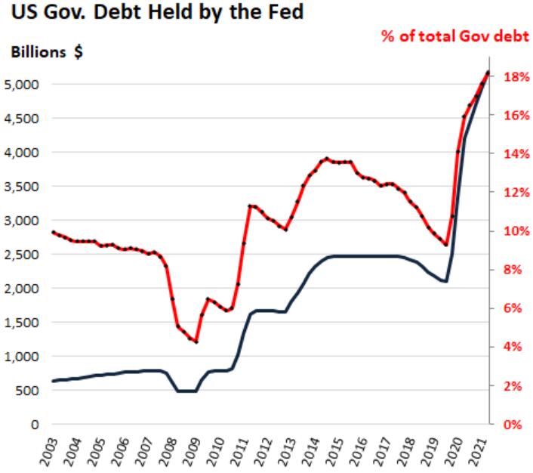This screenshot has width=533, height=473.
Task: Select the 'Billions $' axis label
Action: [46, 55]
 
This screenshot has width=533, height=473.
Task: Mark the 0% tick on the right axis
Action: [511, 425]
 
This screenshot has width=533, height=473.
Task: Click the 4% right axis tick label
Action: [511, 348]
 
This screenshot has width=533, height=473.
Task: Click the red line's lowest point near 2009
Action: [196, 342]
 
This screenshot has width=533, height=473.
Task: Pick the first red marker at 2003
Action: [53, 232]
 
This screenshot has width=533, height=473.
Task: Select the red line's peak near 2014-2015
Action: [326, 159]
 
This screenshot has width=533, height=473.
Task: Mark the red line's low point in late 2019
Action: [447, 245]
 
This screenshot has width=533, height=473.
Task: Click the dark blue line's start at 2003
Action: [53, 381]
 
